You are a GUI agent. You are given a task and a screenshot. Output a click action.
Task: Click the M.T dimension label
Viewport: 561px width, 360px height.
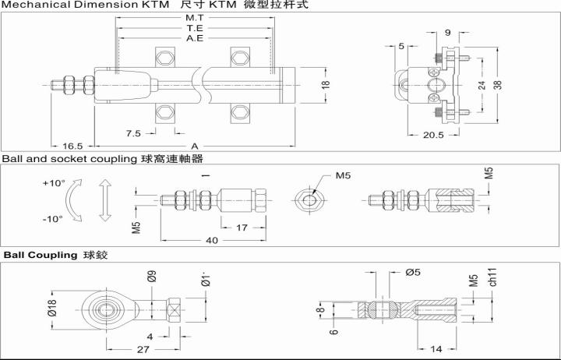(195, 17)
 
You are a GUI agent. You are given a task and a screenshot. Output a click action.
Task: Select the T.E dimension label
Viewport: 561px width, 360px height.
(195, 28)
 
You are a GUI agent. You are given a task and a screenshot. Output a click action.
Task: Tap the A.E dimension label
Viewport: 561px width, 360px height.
(195, 38)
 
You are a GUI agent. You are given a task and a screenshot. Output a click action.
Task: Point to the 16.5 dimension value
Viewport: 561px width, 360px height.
(72, 146)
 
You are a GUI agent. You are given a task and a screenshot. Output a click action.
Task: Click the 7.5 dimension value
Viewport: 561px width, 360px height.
(133, 133)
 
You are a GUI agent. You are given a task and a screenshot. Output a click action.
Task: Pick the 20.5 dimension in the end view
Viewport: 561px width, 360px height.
(433, 135)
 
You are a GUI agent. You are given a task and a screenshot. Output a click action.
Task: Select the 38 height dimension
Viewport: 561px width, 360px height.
(498, 85)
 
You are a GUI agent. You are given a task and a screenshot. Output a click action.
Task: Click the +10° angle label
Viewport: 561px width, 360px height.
(54, 183)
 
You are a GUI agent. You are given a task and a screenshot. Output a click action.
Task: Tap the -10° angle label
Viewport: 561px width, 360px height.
(53, 219)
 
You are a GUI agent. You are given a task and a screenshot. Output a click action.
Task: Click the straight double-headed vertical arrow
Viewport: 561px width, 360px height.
(105, 200)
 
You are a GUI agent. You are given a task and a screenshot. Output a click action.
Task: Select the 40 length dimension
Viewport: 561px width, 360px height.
(212, 240)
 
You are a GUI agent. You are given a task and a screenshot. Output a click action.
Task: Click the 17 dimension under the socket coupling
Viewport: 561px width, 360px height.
(242, 228)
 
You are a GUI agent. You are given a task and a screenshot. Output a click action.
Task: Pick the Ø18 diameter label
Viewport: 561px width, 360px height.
(52, 308)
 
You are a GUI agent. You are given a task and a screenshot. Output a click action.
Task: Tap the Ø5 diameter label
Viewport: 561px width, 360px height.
(413, 272)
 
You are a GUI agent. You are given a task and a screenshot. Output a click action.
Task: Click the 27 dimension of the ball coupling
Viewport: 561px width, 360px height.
(143, 349)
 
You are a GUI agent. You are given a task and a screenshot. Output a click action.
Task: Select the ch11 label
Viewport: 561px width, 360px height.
(492, 277)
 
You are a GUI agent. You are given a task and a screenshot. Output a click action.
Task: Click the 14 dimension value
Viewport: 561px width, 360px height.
(436, 348)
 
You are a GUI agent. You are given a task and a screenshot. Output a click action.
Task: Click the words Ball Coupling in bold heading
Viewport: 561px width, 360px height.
(41, 255)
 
